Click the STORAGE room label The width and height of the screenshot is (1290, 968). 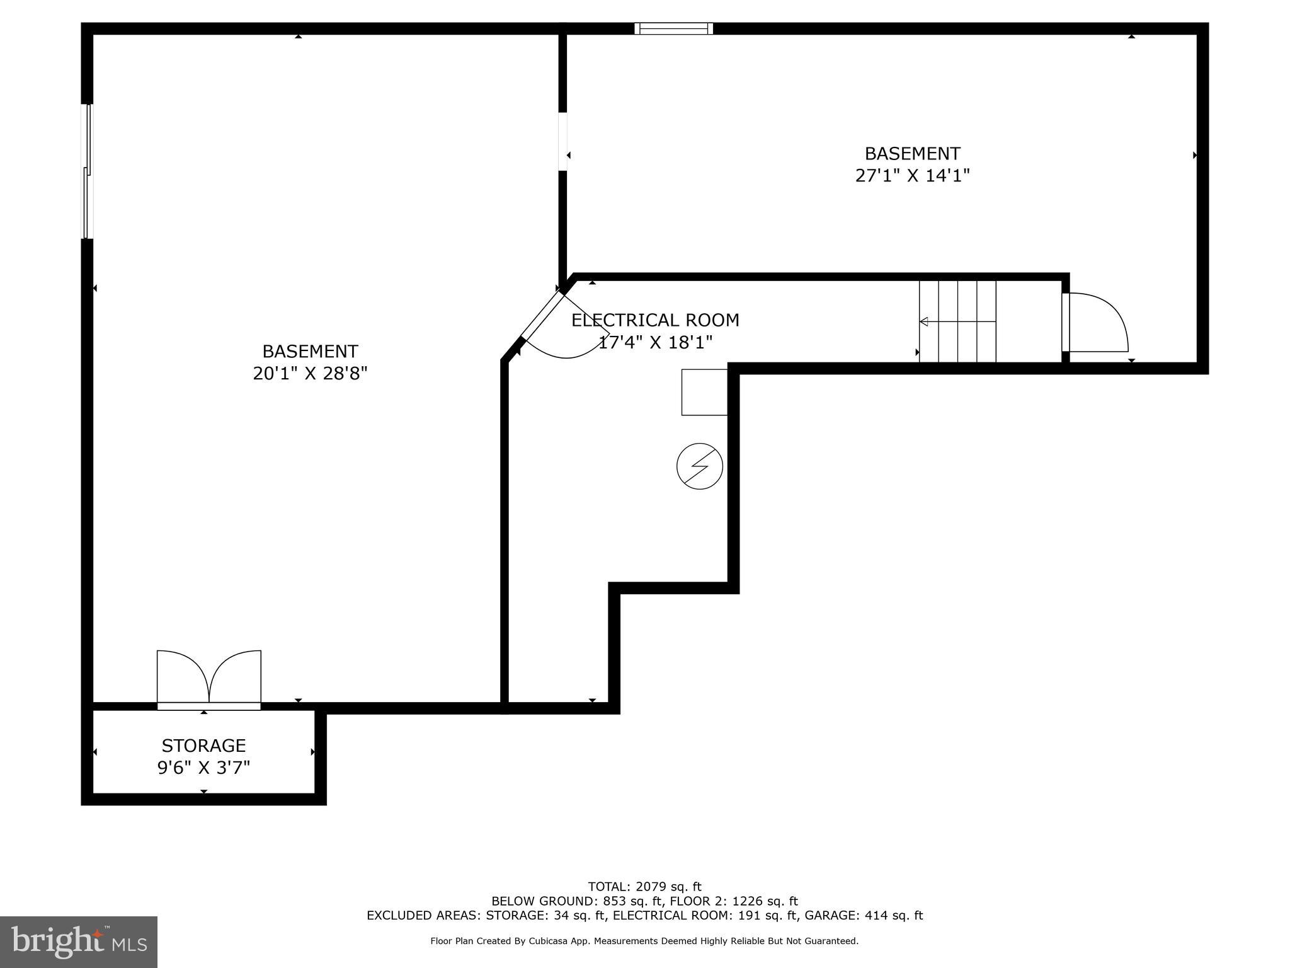point(203,746)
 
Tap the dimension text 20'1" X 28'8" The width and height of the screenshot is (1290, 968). point(310,374)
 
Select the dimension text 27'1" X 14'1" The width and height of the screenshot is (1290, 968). point(912,175)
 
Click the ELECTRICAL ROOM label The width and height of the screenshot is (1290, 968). point(655,320)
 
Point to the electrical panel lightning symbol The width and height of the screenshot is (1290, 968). point(699,466)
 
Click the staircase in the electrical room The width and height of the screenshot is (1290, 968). point(957,321)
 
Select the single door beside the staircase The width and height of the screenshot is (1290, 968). point(1095,323)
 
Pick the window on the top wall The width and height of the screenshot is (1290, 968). point(673,28)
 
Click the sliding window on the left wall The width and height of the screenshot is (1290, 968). point(88,171)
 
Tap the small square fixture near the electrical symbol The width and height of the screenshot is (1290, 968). point(704,392)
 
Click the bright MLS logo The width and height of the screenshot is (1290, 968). point(78,942)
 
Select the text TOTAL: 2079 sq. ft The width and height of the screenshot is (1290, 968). point(644,887)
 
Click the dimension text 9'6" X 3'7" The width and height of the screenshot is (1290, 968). point(203,768)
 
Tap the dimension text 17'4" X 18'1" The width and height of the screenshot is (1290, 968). point(655,343)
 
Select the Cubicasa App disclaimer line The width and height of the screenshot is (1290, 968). point(644,941)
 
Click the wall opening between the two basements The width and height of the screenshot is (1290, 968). point(562,142)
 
